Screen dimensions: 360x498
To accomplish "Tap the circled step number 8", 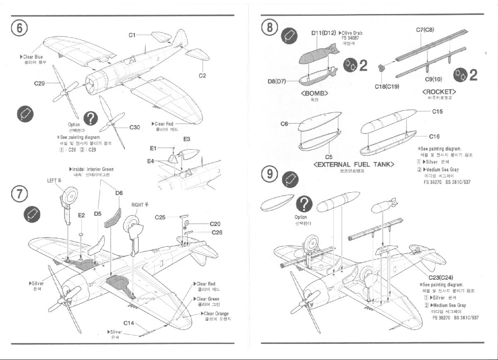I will pos(270,28).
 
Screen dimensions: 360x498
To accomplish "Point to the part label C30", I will pos(135,128).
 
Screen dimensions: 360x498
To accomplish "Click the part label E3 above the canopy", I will pos(187,140).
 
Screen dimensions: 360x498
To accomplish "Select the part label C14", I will pos(129,323).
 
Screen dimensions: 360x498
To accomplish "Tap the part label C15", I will pos(437,112).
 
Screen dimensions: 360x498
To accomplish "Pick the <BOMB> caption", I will pos(314,93).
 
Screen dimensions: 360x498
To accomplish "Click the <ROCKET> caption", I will pos(439,92).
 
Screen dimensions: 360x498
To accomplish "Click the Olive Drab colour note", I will pos(352,33).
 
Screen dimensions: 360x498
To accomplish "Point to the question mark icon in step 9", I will pos(304,204).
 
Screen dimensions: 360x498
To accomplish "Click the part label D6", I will pos(119,193).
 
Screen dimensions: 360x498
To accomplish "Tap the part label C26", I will pos(217,233).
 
